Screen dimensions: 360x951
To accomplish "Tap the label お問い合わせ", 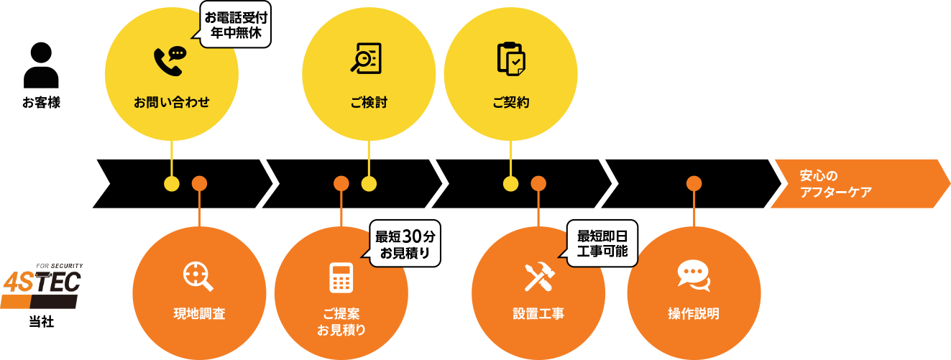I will [x=171, y=103].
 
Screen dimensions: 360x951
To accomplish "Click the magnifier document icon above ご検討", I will [x=366, y=58].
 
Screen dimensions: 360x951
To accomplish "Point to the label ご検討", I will [x=369, y=103].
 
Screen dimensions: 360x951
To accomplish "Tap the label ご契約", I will [x=511, y=103].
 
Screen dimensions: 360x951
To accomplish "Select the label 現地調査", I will [x=199, y=314].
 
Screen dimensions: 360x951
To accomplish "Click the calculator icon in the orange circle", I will [x=341, y=277].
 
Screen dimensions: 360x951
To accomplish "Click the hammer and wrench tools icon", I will [x=538, y=277].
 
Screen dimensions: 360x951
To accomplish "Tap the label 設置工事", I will [x=538, y=314].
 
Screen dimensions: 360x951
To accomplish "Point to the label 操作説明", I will [x=694, y=314].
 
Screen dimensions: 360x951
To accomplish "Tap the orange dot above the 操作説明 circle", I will [x=694, y=183].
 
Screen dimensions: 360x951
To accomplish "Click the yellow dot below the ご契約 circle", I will [x=510, y=184].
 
